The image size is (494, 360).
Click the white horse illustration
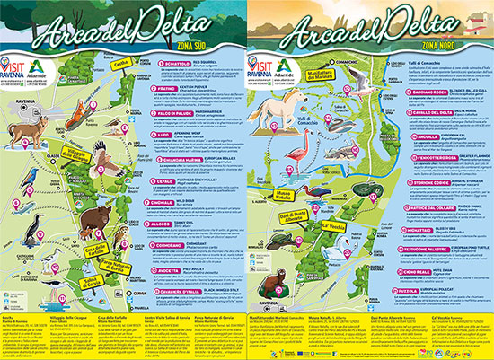click(275, 115)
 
